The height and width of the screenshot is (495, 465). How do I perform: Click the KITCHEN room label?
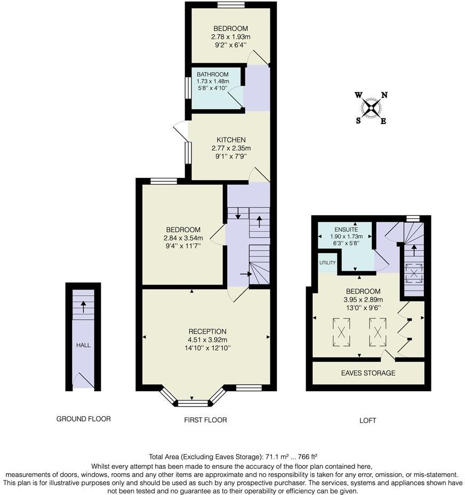click(231, 140)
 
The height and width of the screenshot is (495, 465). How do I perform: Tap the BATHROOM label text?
click(212, 74)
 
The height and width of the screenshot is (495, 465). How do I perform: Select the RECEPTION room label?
click(207, 331)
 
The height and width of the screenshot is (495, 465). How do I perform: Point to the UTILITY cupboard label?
click(327, 263)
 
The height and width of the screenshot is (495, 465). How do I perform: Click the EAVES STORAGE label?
click(368, 373)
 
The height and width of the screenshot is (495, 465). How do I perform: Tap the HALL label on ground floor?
click(83, 345)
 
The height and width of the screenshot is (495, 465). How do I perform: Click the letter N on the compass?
click(384, 95)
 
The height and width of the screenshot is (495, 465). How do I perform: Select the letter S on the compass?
click(358, 120)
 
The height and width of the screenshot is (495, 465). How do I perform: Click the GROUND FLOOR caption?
click(84, 419)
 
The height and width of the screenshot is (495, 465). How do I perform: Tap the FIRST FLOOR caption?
click(205, 420)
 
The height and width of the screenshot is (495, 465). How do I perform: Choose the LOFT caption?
click(368, 420)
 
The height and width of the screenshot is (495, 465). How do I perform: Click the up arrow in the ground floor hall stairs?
click(83, 306)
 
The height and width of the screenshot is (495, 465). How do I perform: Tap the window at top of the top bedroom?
click(231, 5)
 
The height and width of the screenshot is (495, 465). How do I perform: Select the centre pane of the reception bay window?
click(193, 403)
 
